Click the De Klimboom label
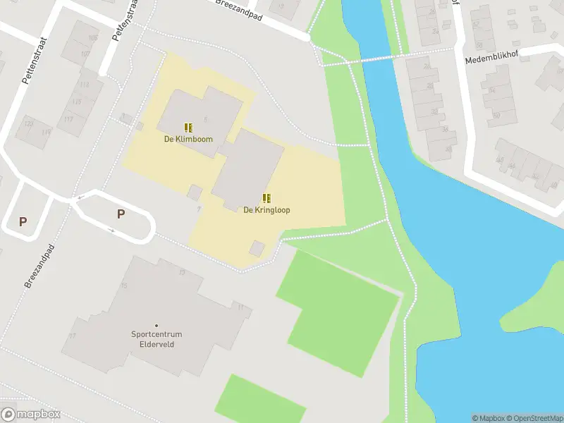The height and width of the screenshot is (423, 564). tap(188, 139)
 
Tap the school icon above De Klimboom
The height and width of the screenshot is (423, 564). tap(188, 128)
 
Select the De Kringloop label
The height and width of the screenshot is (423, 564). tap(266, 210)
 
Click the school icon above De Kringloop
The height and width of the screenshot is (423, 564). tap(266, 198)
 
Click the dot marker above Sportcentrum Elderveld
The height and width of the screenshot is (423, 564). tap(157, 325)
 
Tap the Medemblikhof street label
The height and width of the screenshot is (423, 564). tap(492, 59)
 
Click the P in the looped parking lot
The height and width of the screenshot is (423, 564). tap(121, 214)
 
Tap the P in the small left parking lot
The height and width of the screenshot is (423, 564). tap(23, 221)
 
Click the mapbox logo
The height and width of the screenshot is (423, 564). tap(31, 415)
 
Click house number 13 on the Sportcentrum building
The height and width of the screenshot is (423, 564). tap(182, 272)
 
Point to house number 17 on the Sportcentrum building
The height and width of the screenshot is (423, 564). tap(73, 336)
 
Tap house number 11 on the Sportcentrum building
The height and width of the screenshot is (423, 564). tap(241, 307)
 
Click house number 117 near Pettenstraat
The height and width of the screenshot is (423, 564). tap(68, 118)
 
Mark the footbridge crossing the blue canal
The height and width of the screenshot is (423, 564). tap(367, 61)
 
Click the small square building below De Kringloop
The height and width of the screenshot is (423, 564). tap(257, 248)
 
